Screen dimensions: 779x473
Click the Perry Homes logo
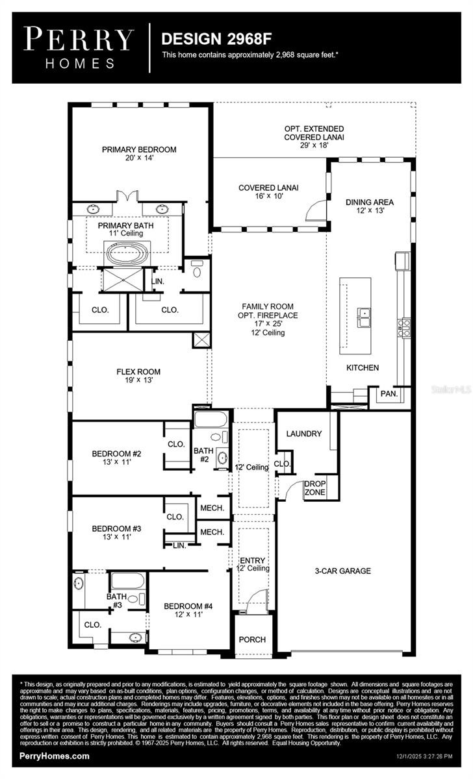79,47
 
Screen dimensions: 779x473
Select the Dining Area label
369,202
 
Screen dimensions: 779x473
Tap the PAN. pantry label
389,393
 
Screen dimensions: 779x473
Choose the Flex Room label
138,372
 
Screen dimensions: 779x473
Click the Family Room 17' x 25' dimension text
267,324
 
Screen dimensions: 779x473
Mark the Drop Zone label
315,488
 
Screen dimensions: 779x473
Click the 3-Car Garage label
342,571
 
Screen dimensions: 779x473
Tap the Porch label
252,639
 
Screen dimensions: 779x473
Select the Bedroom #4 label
188,607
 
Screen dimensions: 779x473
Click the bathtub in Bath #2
210,418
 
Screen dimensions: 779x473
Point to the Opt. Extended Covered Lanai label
314,133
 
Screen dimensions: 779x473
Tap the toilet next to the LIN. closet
197,270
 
